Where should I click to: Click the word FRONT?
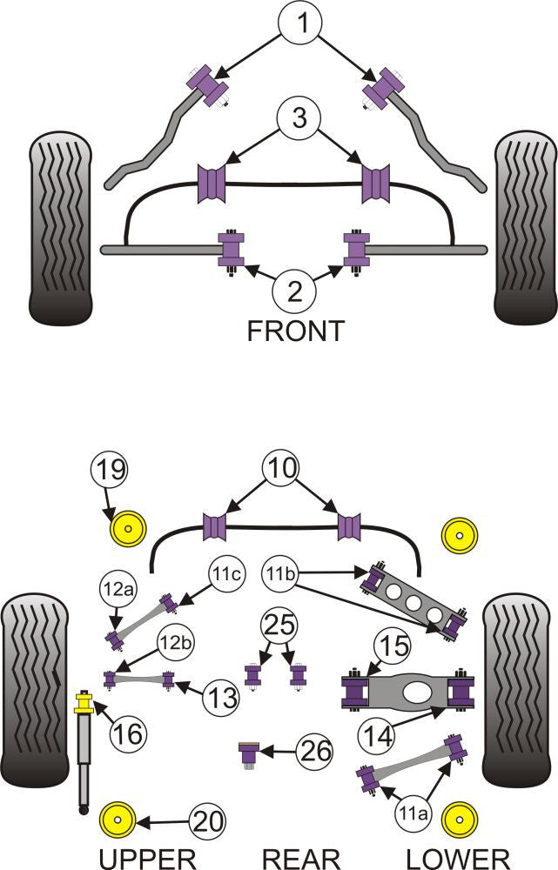(x=295, y=331)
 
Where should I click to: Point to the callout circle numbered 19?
(x=111, y=474)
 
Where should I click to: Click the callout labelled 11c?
(x=225, y=575)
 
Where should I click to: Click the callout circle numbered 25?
(x=281, y=626)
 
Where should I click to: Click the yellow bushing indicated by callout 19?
(x=127, y=527)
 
